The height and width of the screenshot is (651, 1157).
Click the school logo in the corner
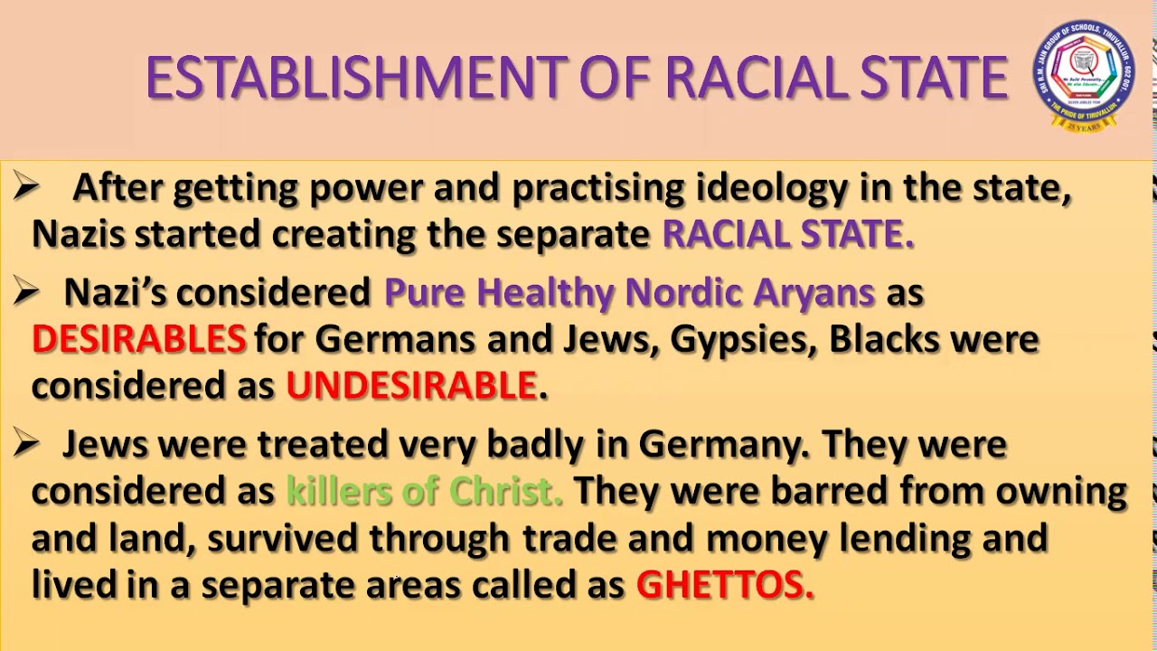pos(1083,76)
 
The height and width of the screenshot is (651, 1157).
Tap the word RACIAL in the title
pos(741,78)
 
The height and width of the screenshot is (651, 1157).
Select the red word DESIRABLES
pos(138,339)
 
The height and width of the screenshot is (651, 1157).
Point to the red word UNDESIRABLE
pos(412,386)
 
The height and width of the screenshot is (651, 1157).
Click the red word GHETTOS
pos(724,585)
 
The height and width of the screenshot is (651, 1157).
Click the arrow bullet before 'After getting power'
pos(27,187)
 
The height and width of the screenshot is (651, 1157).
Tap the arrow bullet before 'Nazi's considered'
pos(27,291)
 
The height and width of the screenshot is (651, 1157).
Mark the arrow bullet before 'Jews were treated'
pos(27,443)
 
